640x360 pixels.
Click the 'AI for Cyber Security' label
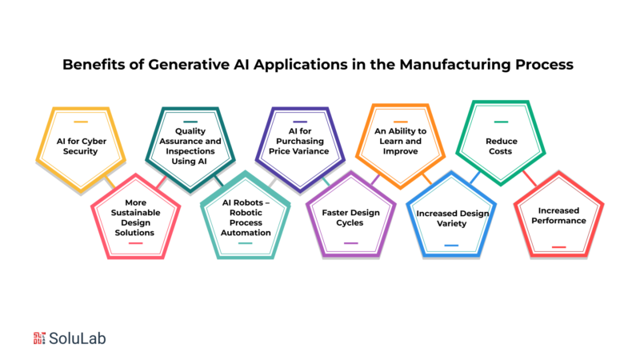coord(82,146)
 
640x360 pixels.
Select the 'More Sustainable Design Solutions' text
coord(135,218)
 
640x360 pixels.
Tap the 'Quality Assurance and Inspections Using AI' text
coord(190,146)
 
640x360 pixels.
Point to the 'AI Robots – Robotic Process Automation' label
coord(246,218)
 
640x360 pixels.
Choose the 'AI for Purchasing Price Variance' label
coord(299,142)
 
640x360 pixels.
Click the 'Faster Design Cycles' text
coord(350,218)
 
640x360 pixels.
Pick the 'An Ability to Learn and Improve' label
coord(401,142)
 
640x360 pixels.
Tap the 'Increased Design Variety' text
coord(452,218)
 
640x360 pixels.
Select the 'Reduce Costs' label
coord(502,146)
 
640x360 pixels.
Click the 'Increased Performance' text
coord(558,215)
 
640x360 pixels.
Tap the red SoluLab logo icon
coord(39,338)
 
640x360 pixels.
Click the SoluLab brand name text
coord(77,338)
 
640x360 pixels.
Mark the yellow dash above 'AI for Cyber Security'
coord(81,122)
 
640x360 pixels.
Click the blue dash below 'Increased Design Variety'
coord(451,246)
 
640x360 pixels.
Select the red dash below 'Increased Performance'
coord(558,247)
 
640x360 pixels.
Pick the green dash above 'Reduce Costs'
coord(501,122)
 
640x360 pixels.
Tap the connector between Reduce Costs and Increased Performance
coord(530,178)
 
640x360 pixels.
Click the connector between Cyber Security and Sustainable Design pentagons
coord(110,182)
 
